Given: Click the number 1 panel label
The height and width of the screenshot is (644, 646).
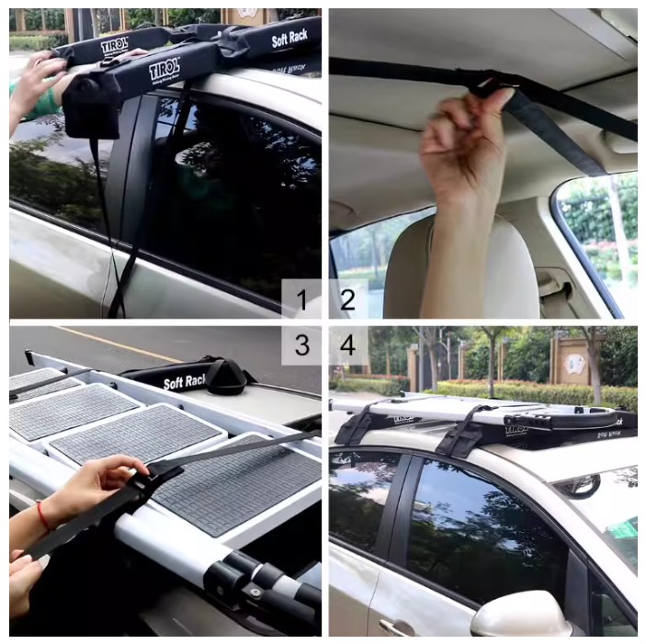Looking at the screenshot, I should [301, 299].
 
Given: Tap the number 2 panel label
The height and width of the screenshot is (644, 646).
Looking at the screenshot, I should [348, 299].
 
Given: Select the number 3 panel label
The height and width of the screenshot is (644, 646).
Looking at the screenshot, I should [301, 345].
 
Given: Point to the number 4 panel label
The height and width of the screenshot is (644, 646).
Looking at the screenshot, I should [348, 345].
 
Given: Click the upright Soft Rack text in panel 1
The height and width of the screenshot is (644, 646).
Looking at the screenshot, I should [289, 39].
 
